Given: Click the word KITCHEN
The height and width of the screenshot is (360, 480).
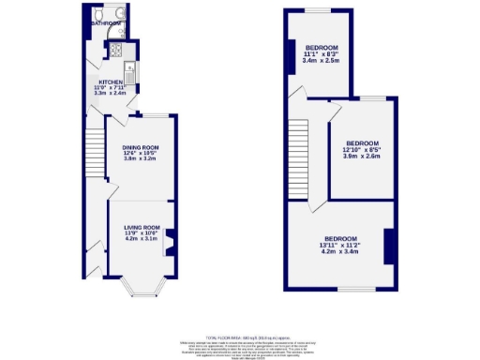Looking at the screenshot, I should (x=111, y=82).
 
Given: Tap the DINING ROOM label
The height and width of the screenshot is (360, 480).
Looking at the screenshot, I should (x=141, y=147).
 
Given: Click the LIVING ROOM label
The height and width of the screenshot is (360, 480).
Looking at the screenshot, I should (x=143, y=227).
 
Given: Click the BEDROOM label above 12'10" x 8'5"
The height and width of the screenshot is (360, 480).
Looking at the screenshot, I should (x=363, y=143).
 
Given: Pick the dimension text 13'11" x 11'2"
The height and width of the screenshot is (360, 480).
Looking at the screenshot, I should (x=340, y=245).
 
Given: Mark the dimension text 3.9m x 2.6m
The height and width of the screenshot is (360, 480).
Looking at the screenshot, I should (x=363, y=157).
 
